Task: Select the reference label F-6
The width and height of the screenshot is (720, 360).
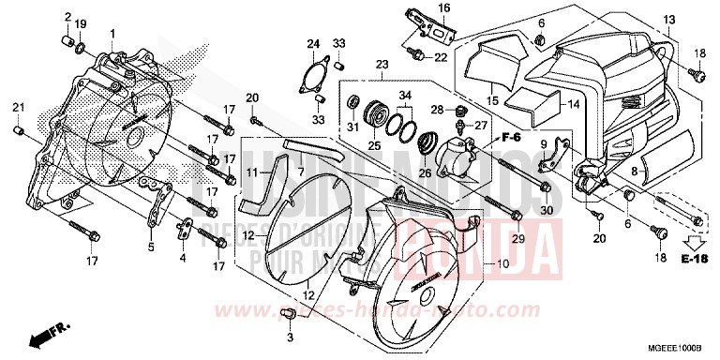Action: pyautogui.click(x=510, y=137)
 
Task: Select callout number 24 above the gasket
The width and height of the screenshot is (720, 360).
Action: pyautogui.click(x=313, y=44)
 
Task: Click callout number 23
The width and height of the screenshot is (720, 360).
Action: pyautogui.click(x=381, y=65)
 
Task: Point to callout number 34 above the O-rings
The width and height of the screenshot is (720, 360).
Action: pyautogui.click(x=404, y=96)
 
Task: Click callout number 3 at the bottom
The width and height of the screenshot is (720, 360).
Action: pyautogui.click(x=291, y=336)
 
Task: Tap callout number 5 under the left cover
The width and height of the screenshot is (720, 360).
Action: pyautogui.click(x=150, y=247)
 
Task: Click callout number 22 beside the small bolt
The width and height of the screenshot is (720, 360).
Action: pyautogui.click(x=441, y=58)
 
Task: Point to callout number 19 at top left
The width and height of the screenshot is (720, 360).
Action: pyautogui.click(x=80, y=23)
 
